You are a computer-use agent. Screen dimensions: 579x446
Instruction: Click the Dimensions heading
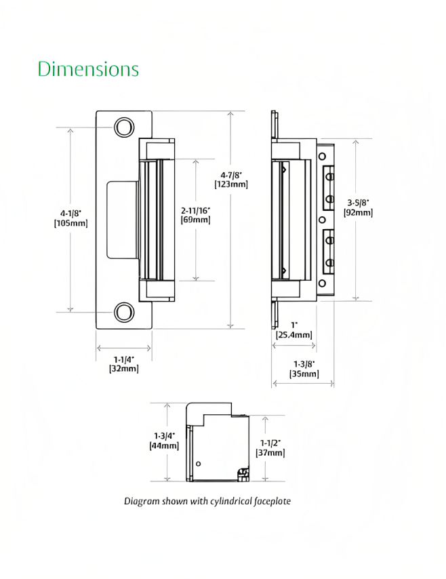click(88, 69)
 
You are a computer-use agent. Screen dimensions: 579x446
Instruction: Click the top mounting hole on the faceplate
click(123, 127)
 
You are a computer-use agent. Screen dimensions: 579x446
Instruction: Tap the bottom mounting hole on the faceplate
click(123, 313)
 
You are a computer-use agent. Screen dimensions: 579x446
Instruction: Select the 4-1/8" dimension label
click(70, 213)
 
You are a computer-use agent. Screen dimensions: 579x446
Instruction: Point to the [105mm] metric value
click(70, 223)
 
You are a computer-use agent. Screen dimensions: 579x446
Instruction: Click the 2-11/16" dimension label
click(196, 209)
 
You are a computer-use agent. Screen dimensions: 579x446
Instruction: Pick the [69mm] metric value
click(196, 220)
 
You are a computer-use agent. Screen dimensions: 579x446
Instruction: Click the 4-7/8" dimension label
click(230, 175)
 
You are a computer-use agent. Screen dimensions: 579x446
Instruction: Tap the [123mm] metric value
click(230, 184)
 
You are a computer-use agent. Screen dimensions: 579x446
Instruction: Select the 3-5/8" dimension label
click(358, 202)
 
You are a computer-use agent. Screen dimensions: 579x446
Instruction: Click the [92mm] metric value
click(358, 212)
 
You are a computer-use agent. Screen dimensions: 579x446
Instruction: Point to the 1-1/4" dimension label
click(123, 359)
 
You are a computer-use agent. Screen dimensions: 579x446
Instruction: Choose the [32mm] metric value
click(123, 369)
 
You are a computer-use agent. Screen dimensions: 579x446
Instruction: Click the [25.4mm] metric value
click(294, 335)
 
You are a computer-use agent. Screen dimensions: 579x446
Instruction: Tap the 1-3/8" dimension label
click(303, 363)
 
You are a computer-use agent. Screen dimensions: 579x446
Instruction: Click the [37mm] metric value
click(268, 453)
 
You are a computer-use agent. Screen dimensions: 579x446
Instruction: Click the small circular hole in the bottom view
click(198, 463)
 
